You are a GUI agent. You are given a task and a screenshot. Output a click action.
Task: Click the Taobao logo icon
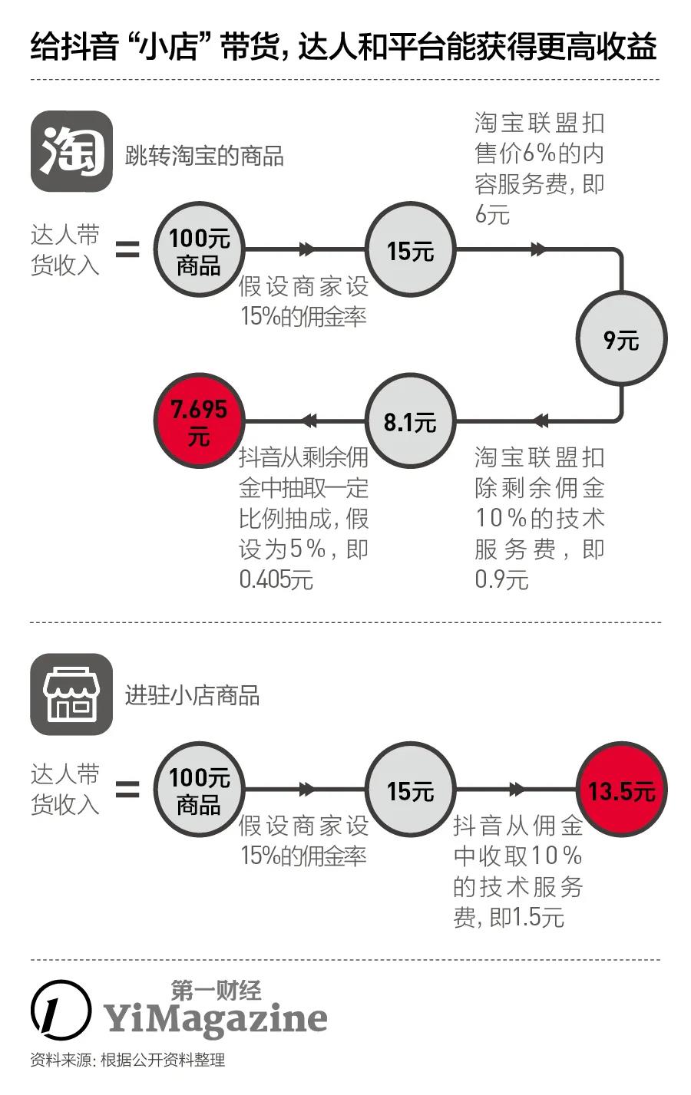71,151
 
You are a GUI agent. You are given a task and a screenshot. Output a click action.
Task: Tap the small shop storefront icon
71,694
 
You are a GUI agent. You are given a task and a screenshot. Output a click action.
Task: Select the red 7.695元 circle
199,421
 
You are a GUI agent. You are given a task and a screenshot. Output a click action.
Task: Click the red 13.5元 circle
621,790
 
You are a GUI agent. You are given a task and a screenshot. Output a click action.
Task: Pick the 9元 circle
621,338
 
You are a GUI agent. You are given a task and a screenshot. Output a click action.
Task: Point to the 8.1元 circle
410,421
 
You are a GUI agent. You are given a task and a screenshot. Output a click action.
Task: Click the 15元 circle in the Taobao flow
410,250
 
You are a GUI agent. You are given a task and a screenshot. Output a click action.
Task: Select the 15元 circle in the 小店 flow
410,790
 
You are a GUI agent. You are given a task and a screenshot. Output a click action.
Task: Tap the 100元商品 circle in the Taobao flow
199,250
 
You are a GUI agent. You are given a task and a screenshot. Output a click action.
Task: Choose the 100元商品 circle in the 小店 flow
199,790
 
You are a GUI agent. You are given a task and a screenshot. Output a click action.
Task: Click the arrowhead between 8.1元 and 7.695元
309,421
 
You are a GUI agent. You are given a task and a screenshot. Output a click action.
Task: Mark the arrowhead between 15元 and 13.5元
517,789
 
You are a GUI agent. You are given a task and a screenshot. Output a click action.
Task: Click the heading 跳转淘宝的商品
204,157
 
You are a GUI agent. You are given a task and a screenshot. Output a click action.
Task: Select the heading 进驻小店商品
192,696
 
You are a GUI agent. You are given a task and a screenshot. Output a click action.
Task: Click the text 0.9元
501,579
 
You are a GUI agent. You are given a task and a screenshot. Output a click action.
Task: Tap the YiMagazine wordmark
216,1019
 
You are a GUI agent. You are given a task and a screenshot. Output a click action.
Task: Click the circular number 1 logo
59,1008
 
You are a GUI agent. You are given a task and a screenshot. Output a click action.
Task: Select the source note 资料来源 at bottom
127,1060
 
